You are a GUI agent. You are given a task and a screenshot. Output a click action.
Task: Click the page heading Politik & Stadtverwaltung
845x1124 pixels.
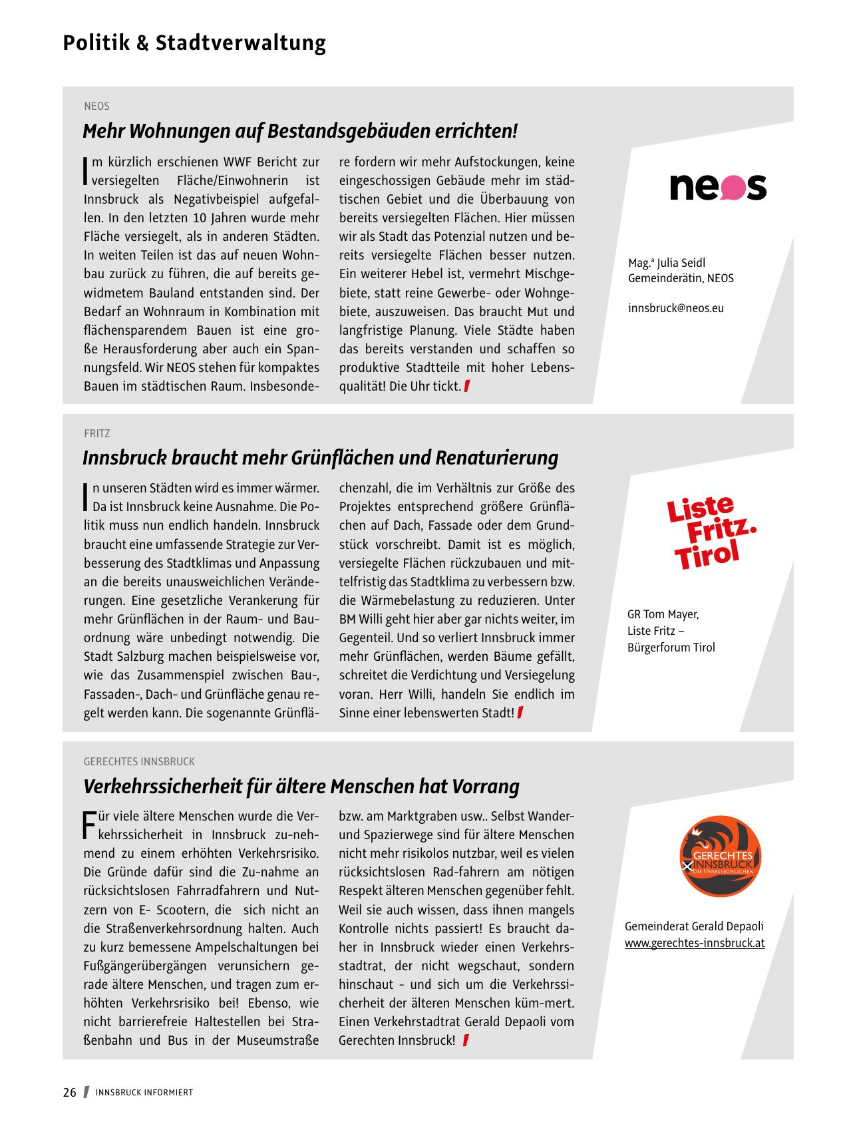[194, 43]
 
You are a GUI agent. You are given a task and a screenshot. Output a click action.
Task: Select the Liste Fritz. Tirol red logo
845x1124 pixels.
[712, 532]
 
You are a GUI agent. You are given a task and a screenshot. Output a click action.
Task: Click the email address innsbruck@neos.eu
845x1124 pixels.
[675, 308]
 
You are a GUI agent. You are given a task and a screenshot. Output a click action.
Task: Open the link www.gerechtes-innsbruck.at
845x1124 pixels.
[694, 943]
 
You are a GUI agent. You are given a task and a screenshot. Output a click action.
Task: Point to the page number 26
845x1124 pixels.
[70, 1092]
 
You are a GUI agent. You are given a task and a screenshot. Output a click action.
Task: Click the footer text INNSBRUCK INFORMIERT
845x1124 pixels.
[144, 1093]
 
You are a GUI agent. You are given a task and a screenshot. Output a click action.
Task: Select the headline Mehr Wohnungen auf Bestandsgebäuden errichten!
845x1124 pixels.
[299, 131]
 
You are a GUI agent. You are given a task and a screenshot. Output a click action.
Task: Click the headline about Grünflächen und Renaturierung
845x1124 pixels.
[320, 458]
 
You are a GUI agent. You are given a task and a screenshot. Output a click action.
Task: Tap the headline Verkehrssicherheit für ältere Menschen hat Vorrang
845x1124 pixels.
[301, 787]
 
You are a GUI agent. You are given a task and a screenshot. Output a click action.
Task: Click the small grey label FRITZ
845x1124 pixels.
[97, 433]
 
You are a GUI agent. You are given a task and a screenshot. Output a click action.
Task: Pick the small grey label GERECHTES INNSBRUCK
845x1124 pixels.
[139, 761]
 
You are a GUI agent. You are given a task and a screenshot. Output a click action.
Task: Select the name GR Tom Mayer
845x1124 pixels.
[663, 614]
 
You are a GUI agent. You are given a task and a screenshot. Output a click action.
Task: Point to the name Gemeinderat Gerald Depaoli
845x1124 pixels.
[694, 926]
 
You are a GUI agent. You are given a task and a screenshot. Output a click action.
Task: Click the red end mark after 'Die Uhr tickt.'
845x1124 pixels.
[467, 386]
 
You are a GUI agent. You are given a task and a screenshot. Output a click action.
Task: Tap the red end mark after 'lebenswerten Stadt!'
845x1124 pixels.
[520, 713]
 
